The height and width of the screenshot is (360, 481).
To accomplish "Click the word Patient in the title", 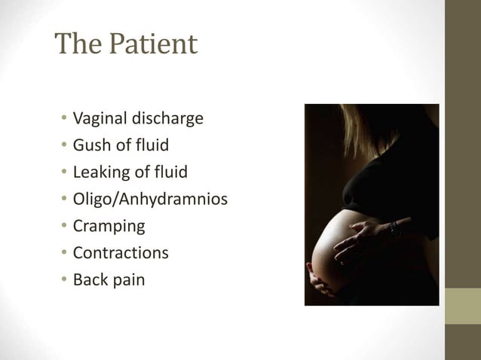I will pos(153,45).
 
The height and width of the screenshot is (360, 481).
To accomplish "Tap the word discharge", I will pos(167,119).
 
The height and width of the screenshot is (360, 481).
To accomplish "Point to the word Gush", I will pos(90,145).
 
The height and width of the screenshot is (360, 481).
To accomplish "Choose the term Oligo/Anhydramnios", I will pos(150,200).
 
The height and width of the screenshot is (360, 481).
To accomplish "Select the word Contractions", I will pos(121,252).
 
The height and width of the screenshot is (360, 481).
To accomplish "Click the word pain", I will pos(128,280).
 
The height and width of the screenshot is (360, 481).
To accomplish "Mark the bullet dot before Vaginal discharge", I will pos(65,120).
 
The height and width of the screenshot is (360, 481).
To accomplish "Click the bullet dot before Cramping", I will pos(65,227).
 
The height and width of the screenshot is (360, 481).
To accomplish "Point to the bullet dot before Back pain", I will pos(65,280).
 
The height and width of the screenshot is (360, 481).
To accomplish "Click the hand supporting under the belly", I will pos(323,285).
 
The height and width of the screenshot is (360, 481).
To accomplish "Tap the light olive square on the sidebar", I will pos(463,307).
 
